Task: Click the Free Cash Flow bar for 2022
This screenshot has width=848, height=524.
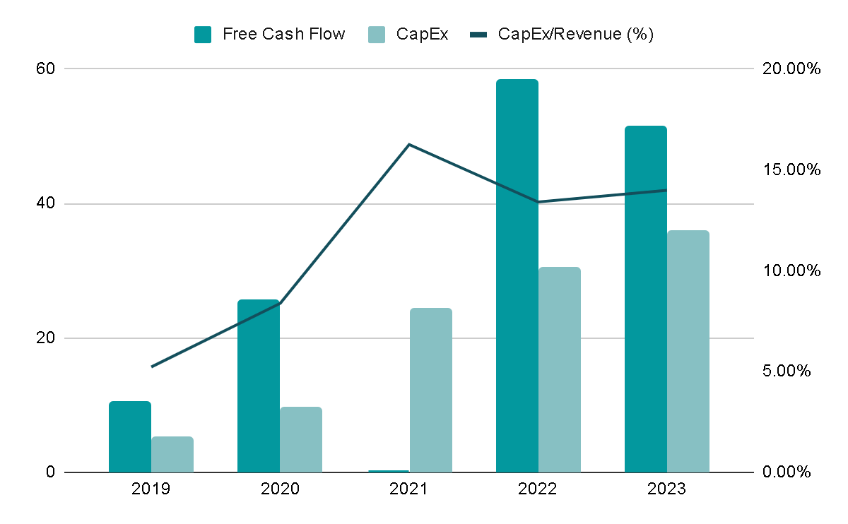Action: pos(517,275)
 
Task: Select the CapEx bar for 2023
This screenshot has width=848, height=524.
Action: pos(688,351)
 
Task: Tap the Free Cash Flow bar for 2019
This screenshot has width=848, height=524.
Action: pos(130,436)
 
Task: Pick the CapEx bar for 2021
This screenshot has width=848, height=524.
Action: pos(430,390)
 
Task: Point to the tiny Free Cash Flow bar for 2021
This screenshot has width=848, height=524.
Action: pos(388,471)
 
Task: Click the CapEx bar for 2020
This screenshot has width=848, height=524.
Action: pos(300,439)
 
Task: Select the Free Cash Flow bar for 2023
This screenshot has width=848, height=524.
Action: pos(645,299)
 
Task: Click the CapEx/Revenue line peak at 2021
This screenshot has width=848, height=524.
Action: pos(409,145)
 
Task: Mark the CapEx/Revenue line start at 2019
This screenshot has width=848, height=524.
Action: pos(152,367)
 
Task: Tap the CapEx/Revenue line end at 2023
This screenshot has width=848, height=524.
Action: pos(666,190)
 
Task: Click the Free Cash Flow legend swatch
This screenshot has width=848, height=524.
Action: pos(203,34)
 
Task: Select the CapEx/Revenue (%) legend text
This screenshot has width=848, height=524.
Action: pos(575,34)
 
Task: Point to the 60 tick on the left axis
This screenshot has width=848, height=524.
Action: pos(46,69)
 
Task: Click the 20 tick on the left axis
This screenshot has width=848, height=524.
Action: pos(46,338)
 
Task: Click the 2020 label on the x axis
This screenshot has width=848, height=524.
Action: pos(280,489)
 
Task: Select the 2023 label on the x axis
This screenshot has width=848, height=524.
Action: pos(666,489)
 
